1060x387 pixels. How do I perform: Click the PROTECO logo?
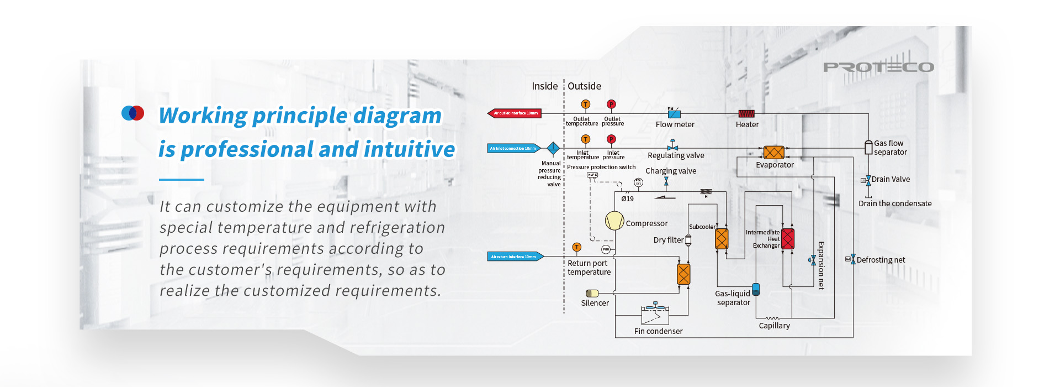[878, 67]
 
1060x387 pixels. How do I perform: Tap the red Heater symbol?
[746, 114]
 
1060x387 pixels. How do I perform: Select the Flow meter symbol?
[674, 114]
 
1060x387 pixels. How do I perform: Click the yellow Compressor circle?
[614, 221]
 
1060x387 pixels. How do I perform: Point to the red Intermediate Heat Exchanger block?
[788, 239]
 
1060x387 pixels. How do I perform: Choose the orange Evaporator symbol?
[774, 152]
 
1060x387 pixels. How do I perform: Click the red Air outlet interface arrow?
[514, 113]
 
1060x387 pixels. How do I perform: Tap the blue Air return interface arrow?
[516, 257]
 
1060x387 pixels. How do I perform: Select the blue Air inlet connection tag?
[513, 148]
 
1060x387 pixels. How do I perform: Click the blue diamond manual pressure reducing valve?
[553, 148]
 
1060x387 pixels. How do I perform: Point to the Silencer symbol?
[592, 293]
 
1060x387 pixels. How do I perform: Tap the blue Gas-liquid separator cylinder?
[756, 289]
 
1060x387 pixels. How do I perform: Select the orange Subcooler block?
[722, 239]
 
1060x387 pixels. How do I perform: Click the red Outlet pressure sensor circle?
[611, 104]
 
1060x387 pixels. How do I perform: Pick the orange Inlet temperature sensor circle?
[586, 139]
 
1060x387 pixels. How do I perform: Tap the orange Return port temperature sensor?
[577, 247]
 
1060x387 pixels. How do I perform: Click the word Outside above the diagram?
[584, 86]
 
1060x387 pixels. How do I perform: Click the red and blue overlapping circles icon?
[132, 113]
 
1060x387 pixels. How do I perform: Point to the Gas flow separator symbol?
[868, 147]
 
